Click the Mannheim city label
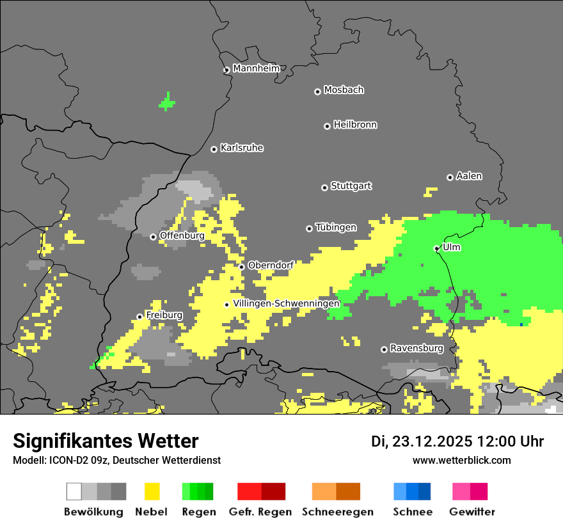click(256, 68)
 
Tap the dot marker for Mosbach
click(317, 91)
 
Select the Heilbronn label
click(355, 125)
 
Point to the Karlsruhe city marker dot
click(214, 149)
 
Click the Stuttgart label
click(351, 186)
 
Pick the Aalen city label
click(469, 176)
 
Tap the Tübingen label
click(336, 227)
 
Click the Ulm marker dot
click(436, 248)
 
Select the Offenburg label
click(182, 235)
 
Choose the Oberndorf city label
click(271, 265)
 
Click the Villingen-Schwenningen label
click(287, 303)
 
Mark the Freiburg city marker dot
click(139, 317)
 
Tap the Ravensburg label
click(416, 348)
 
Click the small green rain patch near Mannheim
click(167, 101)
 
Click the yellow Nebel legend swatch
click(152, 491)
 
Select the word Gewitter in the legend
click(472, 512)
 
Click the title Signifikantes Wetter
click(106, 441)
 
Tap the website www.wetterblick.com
click(461, 460)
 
